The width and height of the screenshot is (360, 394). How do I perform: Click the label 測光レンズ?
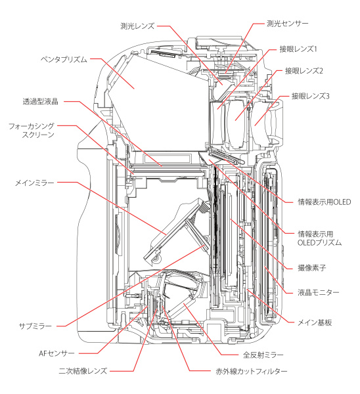click(x=137, y=26)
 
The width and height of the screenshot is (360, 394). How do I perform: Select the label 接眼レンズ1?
click(x=299, y=49)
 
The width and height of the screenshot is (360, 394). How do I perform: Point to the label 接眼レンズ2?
click(x=304, y=70)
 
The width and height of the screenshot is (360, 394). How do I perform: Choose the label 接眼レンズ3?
click(x=309, y=97)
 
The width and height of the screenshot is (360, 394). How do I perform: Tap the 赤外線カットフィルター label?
click(x=252, y=371)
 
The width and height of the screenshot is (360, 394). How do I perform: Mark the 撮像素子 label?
click(x=304, y=267)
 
